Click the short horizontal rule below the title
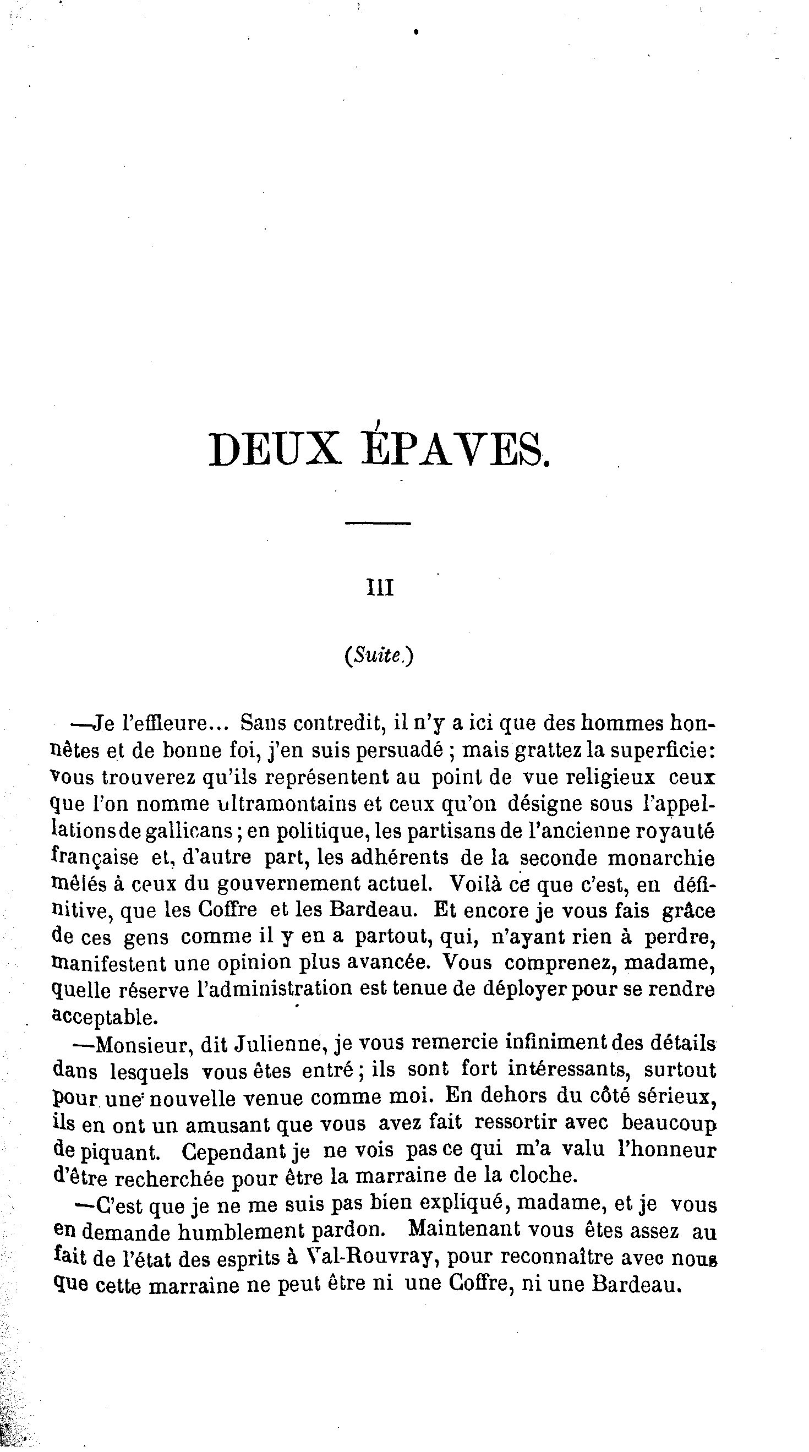(378, 523)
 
